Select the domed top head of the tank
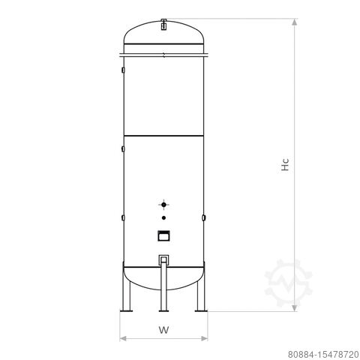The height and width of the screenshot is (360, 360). click(163, 37)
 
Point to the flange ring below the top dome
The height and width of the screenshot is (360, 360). click(163, 53)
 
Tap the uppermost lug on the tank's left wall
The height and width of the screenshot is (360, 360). click(122, 71)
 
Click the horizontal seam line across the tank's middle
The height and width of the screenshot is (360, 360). click(163, 135)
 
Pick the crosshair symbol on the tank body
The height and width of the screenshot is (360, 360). click(163, 204)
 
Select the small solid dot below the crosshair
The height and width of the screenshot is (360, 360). click(163, 217)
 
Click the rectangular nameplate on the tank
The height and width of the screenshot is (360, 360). click(163, 235)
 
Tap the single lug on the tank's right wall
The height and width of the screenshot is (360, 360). click(205, 217)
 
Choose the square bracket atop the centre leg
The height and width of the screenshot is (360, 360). click(163, 260)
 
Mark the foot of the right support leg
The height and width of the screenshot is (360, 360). click(200, 310)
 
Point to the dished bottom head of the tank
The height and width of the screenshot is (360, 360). click(163, 277)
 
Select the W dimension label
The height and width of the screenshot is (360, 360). click(163, 328)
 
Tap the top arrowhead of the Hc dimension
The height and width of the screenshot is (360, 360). click(295, 23)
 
